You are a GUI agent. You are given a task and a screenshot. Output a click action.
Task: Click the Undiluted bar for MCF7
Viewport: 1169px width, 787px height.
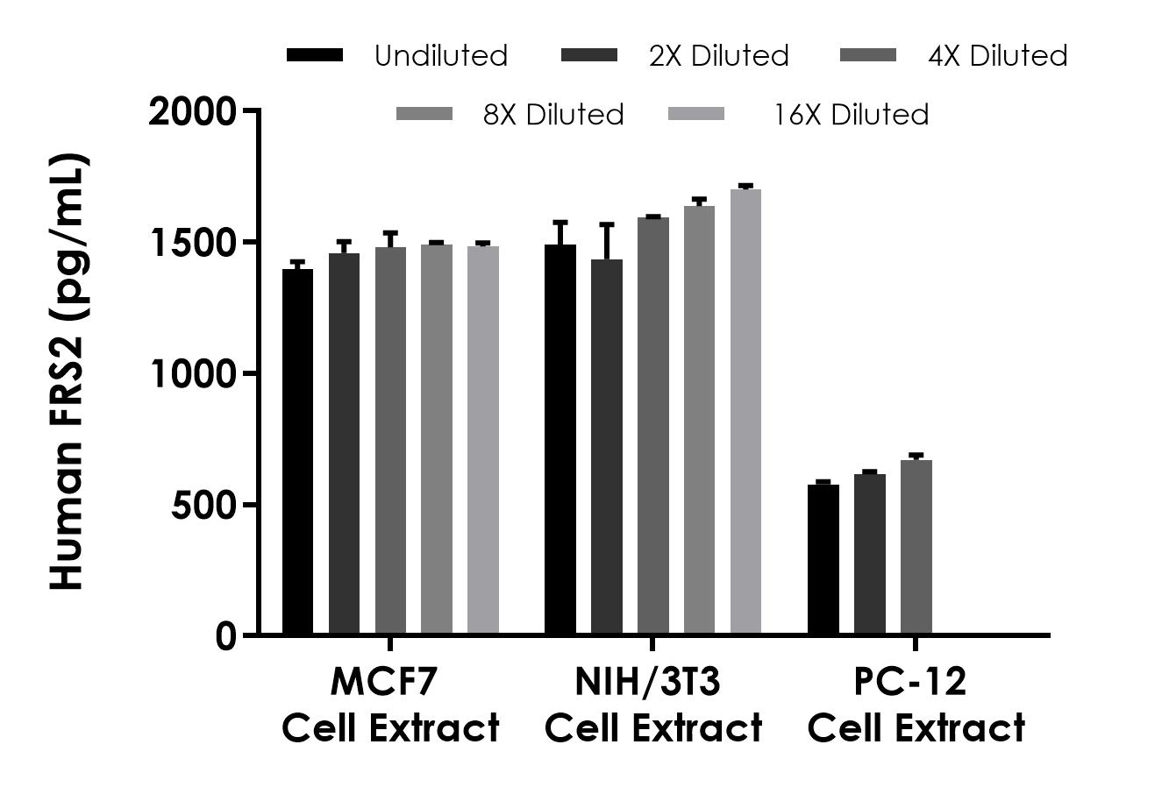(x=297, y=451)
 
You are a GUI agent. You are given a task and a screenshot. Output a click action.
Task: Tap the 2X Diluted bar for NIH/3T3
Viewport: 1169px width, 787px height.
(x=607, y=447)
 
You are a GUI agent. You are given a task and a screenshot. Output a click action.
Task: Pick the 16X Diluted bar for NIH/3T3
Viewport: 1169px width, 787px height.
(x=745, y=412)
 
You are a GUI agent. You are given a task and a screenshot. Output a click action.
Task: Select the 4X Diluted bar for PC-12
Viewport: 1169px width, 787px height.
(x=916, y=547)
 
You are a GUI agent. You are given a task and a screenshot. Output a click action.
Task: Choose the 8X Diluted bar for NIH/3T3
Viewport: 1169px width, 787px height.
(x=699, y=421)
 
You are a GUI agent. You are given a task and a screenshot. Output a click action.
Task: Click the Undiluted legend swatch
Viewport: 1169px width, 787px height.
(x=315, y=55)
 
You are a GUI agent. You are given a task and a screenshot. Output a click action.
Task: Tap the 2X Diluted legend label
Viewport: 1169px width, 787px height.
(x=719, y=56)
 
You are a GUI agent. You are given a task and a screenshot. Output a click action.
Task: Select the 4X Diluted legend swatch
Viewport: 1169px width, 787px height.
(x=868, y=55)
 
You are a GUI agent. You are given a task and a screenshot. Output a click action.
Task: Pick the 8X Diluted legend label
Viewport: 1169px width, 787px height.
(x=553, y=115)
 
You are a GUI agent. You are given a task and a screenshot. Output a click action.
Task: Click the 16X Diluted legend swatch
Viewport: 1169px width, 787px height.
(x=696, y=114)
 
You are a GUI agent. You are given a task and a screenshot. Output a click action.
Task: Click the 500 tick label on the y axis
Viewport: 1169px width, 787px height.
(x=203, y=506)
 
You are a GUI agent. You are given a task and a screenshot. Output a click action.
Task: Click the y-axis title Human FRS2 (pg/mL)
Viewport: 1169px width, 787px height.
(x=68, y=372)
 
